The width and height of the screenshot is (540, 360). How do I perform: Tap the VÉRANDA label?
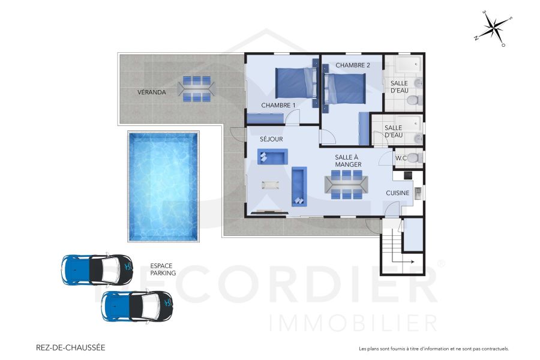pyautogui.click(x=152, y=92)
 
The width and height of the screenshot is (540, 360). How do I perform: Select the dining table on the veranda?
pyautogui.click(x=196, y=89)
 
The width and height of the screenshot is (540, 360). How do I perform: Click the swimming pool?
pyautogui.click(x=163, y=187)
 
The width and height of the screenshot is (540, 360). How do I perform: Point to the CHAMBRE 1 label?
pyautogui.click(x=278, y=106)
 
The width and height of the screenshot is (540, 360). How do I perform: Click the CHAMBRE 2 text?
pyautogui.click(x=353, y=65)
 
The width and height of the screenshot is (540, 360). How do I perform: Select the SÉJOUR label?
pyautogui.click(x=271, y=139)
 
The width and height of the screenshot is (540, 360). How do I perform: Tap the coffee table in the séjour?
pyautogui.click(x=270, y=184)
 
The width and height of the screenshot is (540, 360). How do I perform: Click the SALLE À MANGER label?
pyautogui.click(x=347, y=160)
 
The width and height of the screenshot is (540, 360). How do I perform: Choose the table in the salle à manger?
pyautogui.click(x=346, y=184)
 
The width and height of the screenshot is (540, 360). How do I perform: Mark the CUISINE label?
pyautogui.click(x=398, y=193)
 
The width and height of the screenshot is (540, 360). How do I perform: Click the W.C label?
pyautogui.click(x=401, y=158)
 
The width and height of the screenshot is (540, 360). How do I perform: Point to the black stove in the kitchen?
pyautogui.click(x=407, y=175)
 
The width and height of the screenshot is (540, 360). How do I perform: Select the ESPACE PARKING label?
pyautogui.click(x=163, y=269)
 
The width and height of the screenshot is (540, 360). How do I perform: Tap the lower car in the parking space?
pyautogui.click(x=137, y=305)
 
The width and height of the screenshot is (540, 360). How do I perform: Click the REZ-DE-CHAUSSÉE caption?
pyautogui.click(x=71, y=347)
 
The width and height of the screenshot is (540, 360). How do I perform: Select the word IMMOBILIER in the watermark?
pyautogui.click(x=354, y=322)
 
